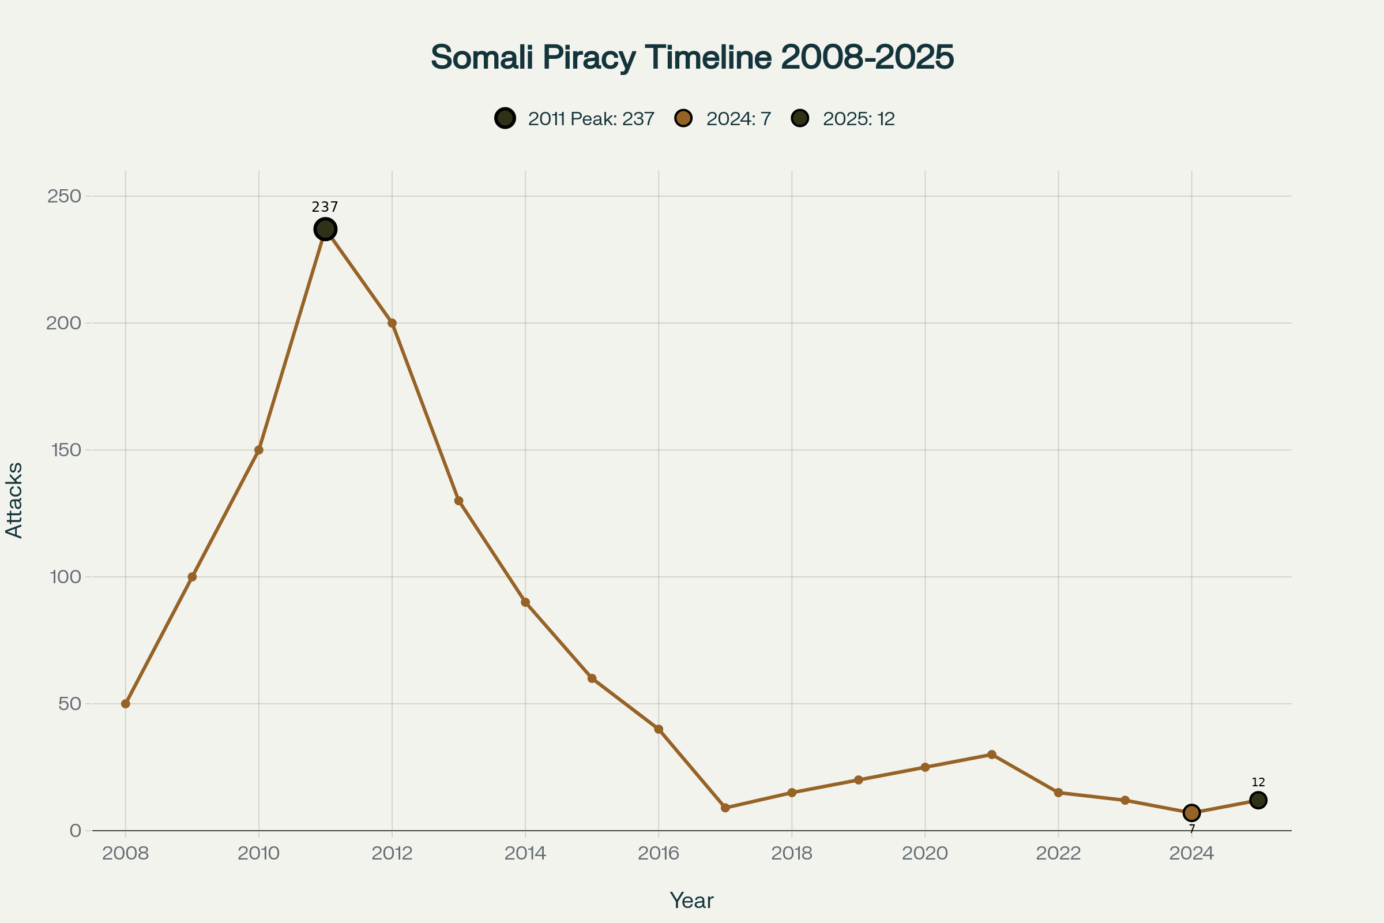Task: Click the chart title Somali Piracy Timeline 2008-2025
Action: coord(692,57)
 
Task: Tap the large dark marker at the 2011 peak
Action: coord(325,229)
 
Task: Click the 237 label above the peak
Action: coord(325,207)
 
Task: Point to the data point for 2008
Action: coord(125,703)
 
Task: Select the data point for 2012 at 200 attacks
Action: coord(392,323)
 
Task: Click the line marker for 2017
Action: coord(725,808)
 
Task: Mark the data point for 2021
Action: coord(991,755)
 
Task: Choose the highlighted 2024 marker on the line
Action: coord(1191,813)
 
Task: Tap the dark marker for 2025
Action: coord(1258,800)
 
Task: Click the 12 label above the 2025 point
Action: coord(1258,782)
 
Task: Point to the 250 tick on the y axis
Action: coord(63,196)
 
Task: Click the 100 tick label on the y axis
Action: coord(65,577)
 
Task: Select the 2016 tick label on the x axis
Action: coord(659,854)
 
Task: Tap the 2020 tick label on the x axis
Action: coord(925,854)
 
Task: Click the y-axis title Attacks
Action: coord(14,500)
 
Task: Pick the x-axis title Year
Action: coord(691,901)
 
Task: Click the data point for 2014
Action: coord(525,602)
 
